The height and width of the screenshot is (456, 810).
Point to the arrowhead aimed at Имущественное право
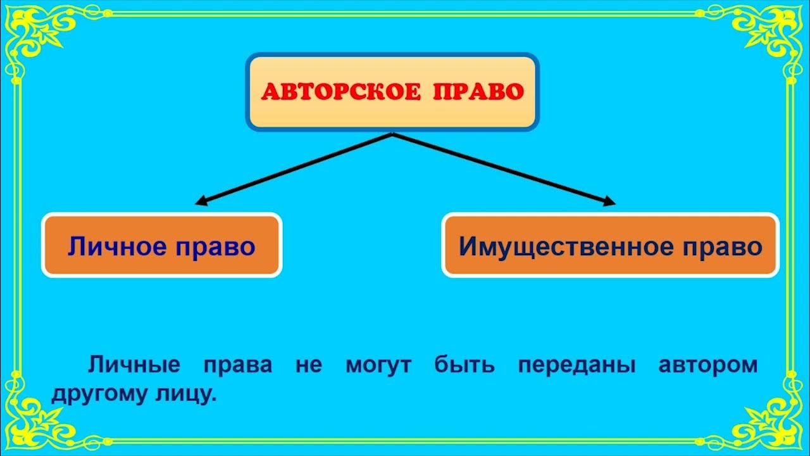point(609,202)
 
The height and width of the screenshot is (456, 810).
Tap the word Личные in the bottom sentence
point(134,365)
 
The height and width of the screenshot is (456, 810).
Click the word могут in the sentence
point(379,365)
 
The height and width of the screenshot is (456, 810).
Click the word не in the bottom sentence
point(309,365)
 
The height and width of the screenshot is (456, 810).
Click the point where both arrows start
point(392,134)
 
